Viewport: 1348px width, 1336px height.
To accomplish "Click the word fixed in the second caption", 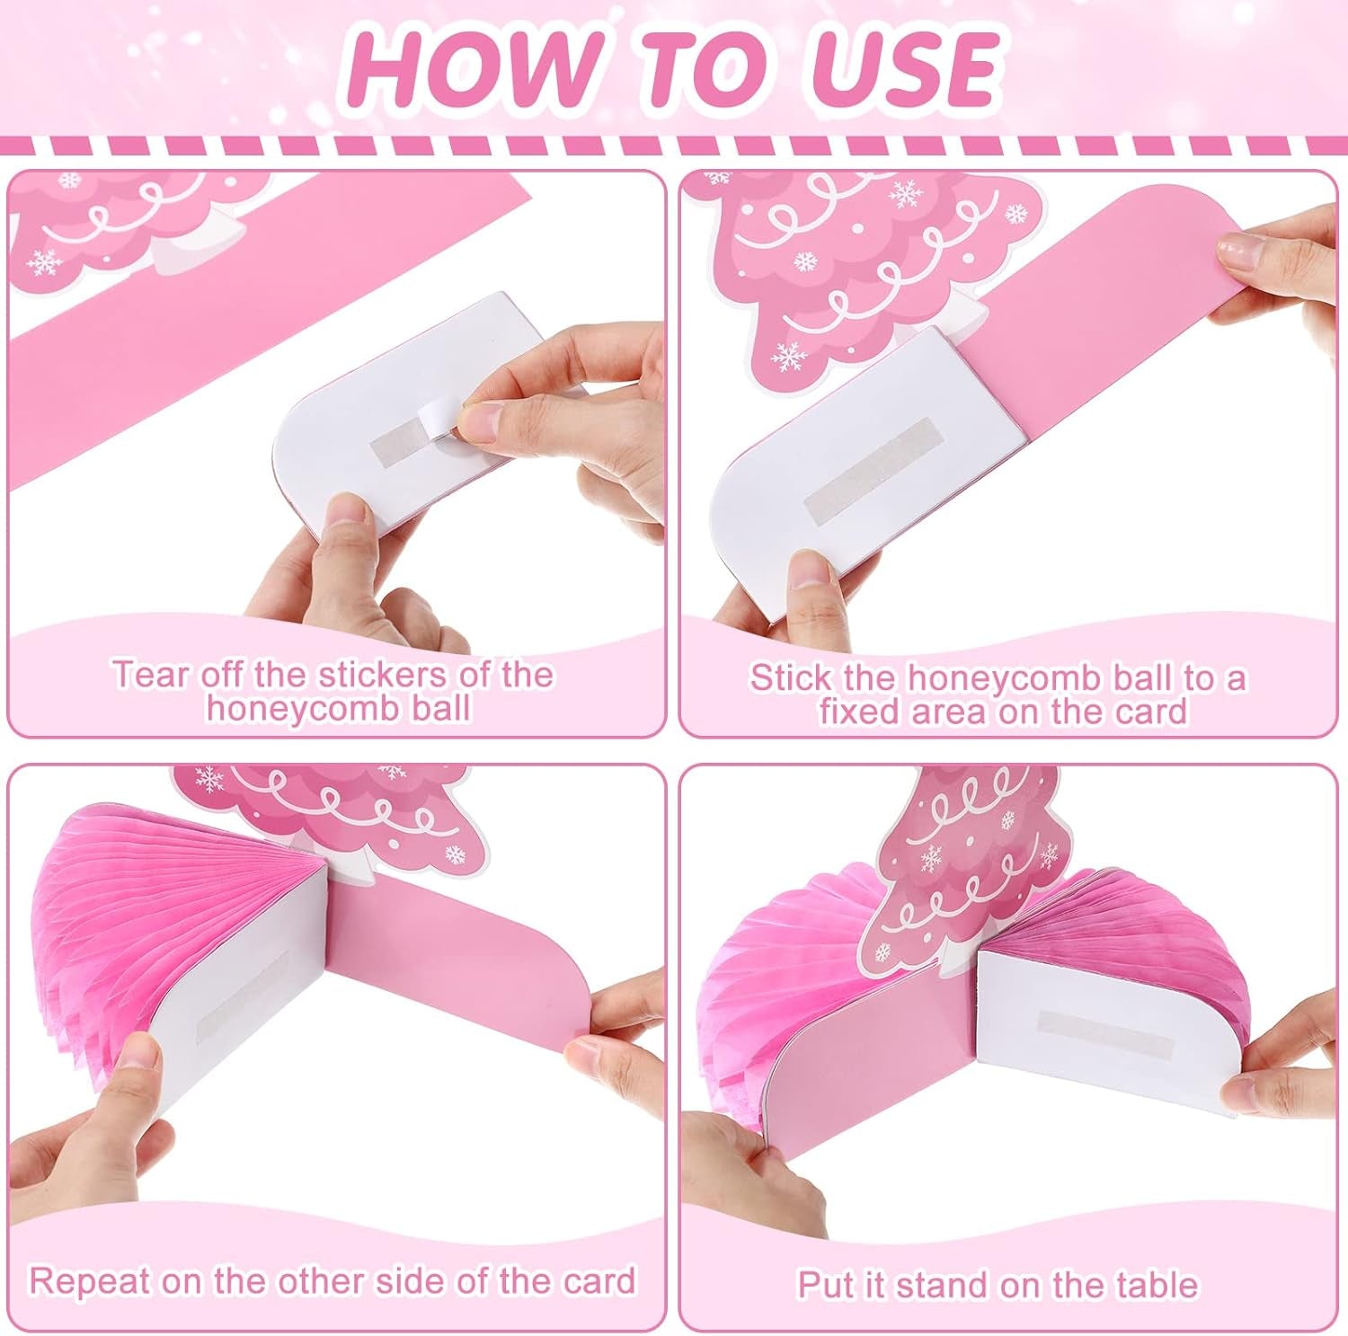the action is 857,712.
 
